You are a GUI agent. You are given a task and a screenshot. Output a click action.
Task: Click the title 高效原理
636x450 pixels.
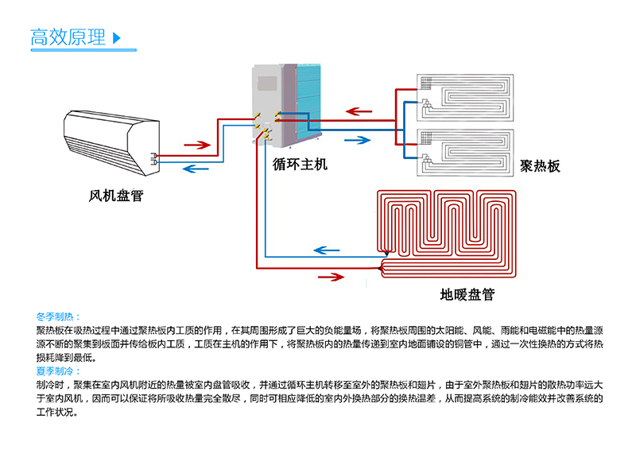pos(68,37)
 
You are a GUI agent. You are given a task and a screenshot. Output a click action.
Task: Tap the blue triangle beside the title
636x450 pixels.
pos(118,37)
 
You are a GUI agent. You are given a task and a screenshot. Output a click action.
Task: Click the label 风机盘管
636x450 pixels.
pos(116,196)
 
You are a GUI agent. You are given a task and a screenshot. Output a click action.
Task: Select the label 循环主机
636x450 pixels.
pos(300,165)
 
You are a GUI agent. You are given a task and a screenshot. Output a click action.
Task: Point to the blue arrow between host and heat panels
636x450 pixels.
pos(357,140)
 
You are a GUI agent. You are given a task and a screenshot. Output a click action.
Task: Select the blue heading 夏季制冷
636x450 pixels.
pos(58,371)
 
